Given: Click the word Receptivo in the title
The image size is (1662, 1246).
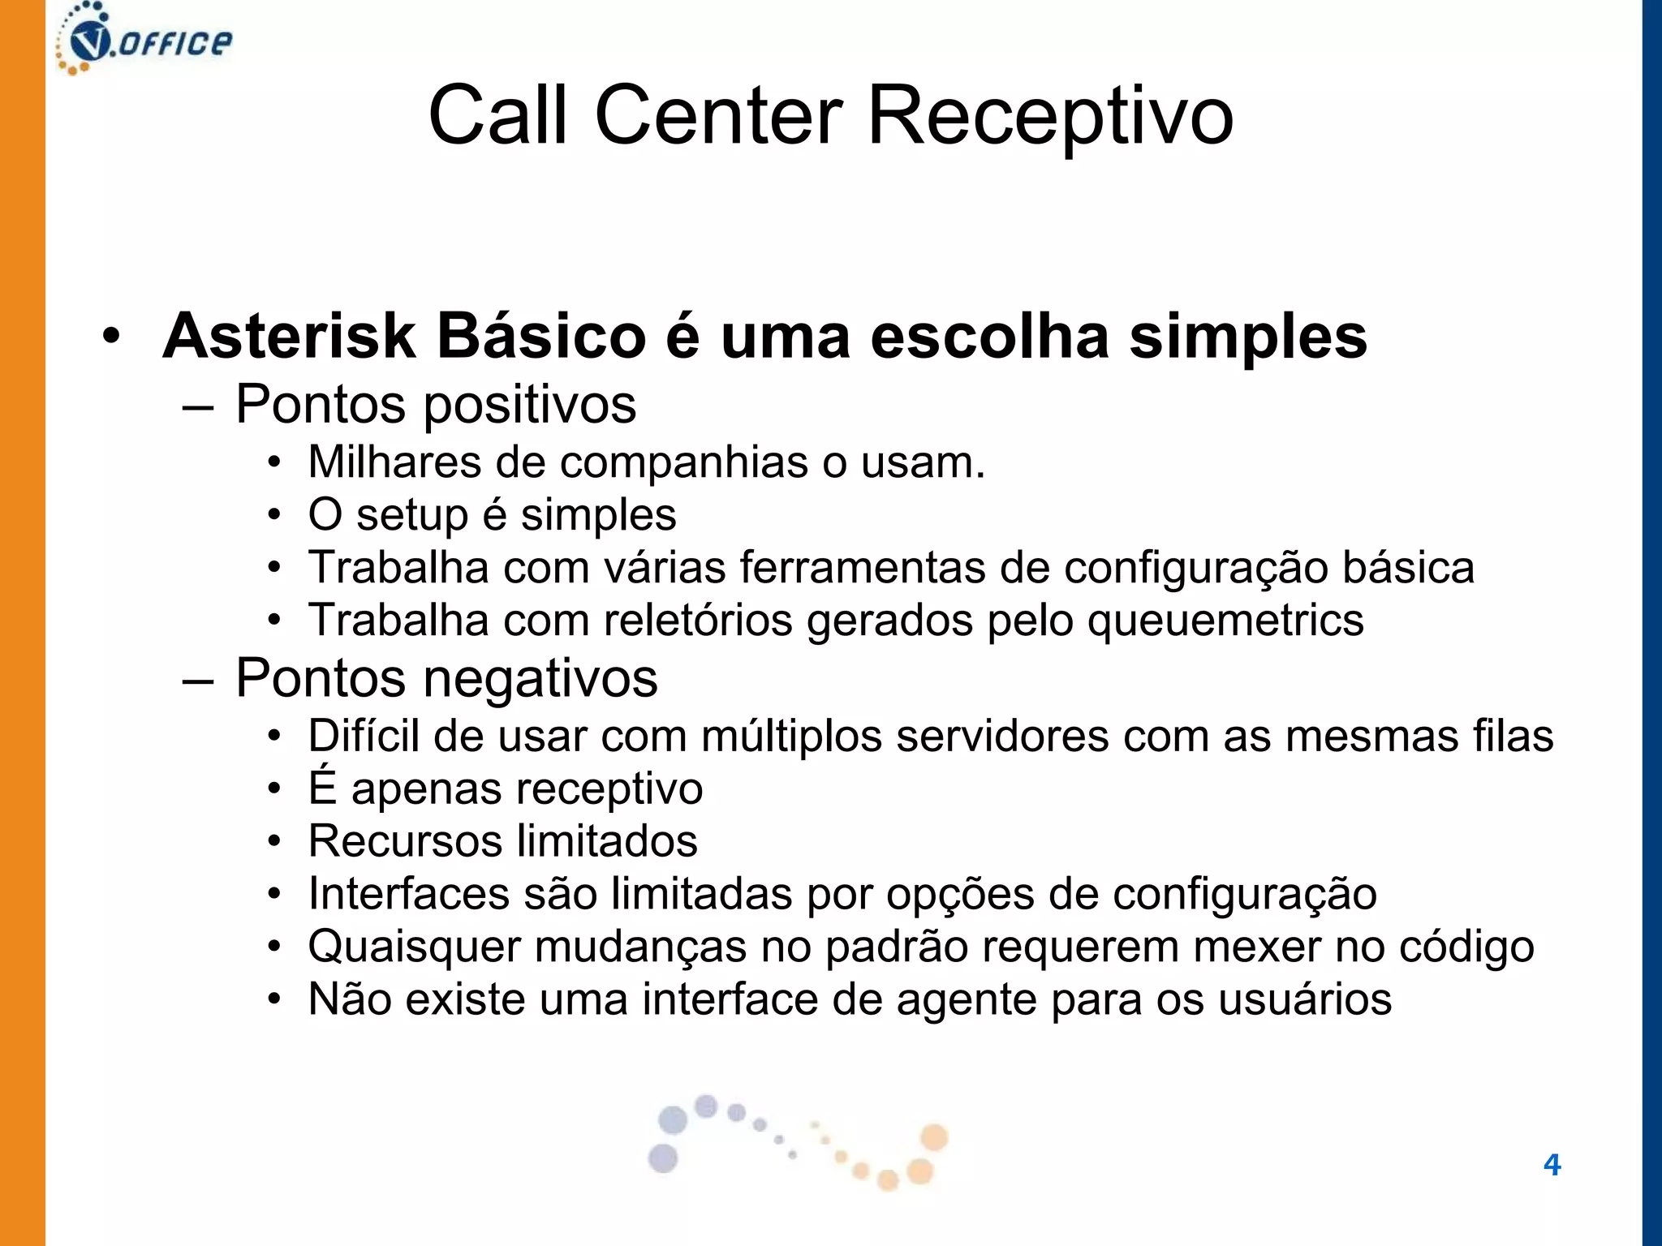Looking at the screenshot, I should pyautogui.click(x=1050, y=116).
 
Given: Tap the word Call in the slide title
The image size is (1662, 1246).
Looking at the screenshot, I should pyautogui.click(x=497, y=116).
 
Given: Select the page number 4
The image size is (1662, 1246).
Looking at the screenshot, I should pyautogui.click(x=1552, y=1165).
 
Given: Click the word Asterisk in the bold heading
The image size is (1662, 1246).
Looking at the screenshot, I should pyautogui.click(x=289, y=336).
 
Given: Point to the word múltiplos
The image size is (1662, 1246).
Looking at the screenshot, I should pyautogui.click(x=791, y=737).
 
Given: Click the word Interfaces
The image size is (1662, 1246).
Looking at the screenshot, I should pyautogui.click(x=409, y=894).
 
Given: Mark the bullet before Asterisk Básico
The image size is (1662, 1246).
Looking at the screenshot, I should pyautogui.click(x=111, y=336).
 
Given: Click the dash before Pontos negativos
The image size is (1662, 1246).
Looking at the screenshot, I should pyautogui.click(x=198, y=680).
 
